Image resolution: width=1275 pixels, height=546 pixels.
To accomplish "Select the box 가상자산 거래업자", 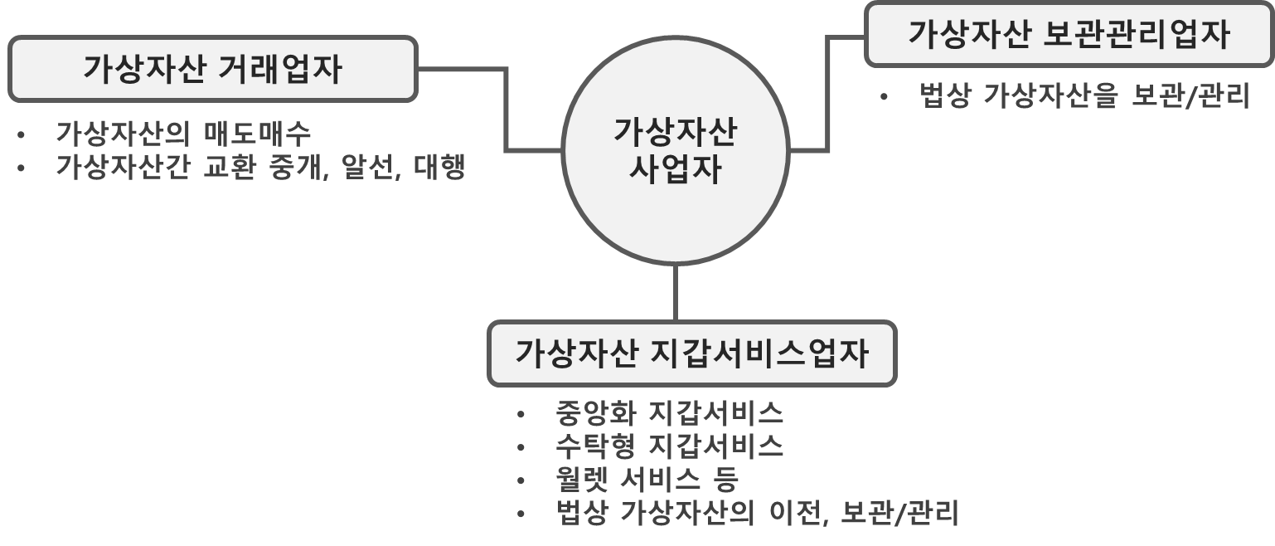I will tap(211, 70).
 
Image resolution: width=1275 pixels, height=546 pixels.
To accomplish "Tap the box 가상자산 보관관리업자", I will tap(1069, 35).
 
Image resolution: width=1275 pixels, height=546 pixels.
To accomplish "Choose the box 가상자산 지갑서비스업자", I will tap(691, 353).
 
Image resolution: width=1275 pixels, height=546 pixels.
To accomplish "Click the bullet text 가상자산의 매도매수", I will tap(183, 133).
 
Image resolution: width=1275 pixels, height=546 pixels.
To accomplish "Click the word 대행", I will tap(439, 167).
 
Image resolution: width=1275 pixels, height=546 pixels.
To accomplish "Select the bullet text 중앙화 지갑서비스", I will tap(670, 412).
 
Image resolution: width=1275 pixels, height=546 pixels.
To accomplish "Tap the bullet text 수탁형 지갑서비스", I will tap(670, 446).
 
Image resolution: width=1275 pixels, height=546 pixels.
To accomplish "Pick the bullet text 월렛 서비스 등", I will tap(647, 480).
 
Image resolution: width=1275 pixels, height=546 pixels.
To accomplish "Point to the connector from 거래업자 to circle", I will tap(506, 108).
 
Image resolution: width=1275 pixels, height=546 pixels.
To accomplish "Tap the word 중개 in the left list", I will tap(295, 167).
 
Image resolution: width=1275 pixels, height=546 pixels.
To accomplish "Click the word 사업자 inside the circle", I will tap(676, 171).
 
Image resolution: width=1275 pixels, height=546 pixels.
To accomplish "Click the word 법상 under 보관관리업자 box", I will tap(945, 96).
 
